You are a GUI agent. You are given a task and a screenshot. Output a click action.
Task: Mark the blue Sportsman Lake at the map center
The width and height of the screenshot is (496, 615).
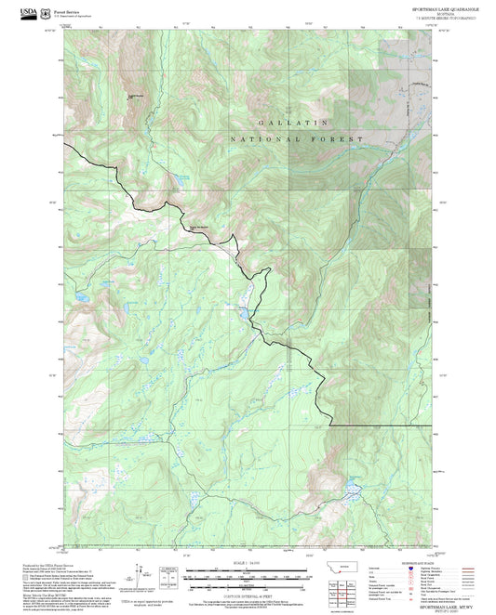point(245,311)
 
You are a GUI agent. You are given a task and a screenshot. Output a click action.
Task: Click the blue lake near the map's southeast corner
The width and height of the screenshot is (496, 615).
point(352,486)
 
